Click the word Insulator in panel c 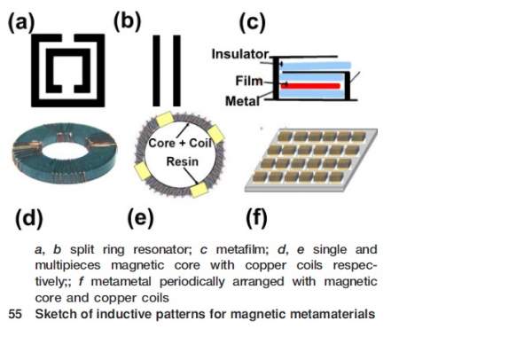(239, 55)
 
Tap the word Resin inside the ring (182, 161)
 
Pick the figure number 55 (13, 313)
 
